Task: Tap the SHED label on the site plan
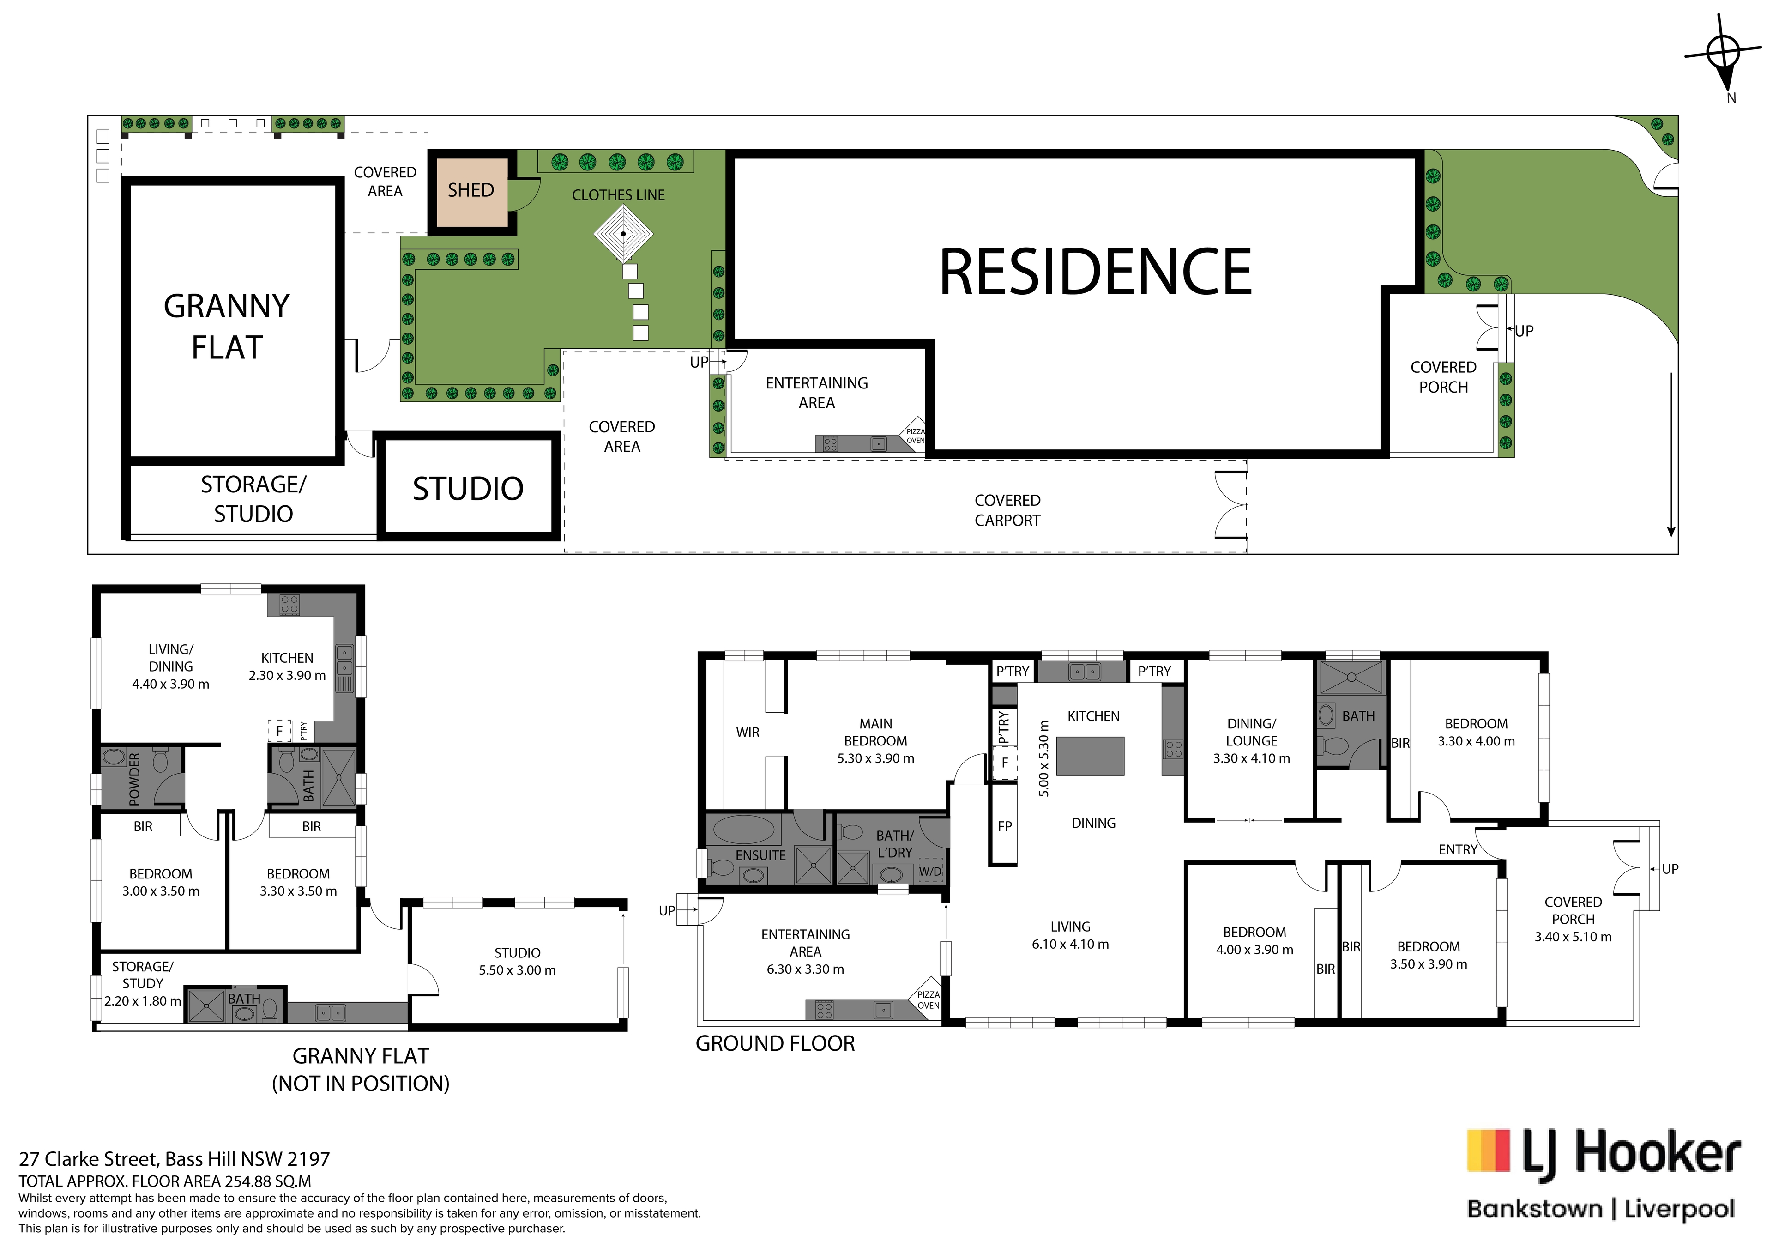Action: point(470,190)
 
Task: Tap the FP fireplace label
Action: point(1005,826)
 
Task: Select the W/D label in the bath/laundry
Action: point(930,872)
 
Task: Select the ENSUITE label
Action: point(760,855)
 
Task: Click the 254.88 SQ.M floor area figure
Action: point(268,1181)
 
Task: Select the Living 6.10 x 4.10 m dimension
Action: point(1070,944)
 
